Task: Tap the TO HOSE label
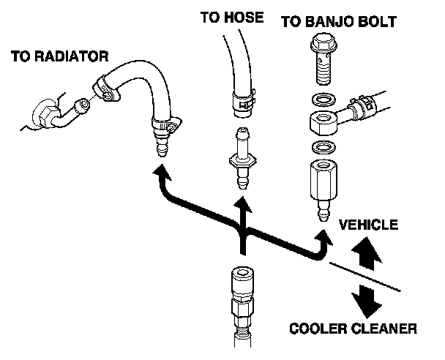coord(231,16)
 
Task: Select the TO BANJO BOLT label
coord(338,22)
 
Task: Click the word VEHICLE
coord(369,225)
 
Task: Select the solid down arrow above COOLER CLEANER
coord(366,298)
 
